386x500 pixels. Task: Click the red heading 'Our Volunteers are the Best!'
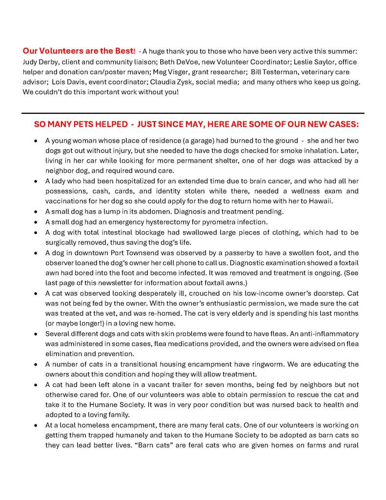[x=79, y=51]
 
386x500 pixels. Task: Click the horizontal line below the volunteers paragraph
[x=193, y=113]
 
